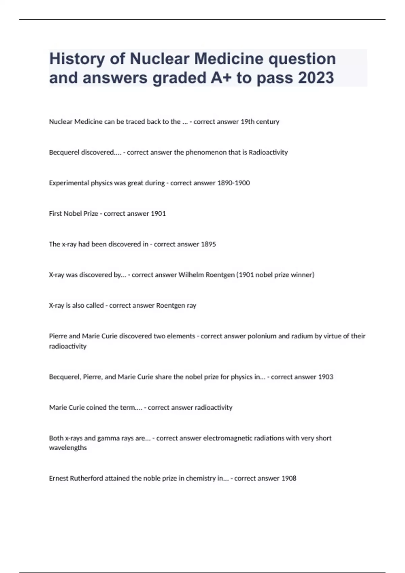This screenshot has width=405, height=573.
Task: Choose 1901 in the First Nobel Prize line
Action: pyautogui.click(x=158, y=214)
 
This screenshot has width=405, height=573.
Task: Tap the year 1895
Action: pyautogui.click(x=208, y=244)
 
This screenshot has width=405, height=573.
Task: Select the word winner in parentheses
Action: pyautogui.click(x=303, y=275)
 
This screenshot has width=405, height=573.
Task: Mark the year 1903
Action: pyautogui.click(x=326, y=377)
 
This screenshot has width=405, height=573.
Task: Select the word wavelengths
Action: pyautogui.click(x=68, y=448)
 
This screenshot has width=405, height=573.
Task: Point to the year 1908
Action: pyautogui.click(x=289, y=478)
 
